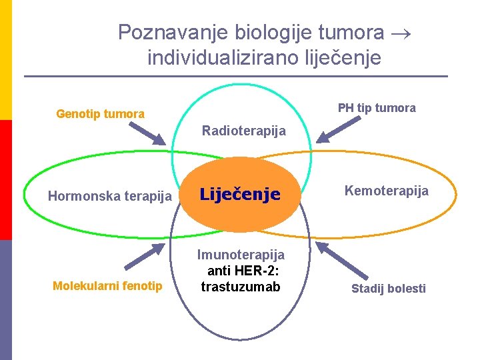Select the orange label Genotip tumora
100,114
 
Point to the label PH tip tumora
376,108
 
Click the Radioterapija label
243,131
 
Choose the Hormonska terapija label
110,196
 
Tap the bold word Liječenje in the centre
240,195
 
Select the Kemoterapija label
386,191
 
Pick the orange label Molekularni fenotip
107,286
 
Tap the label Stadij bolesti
388,289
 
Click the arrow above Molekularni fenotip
149,258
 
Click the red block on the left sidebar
5,180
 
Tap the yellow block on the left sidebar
5,60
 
